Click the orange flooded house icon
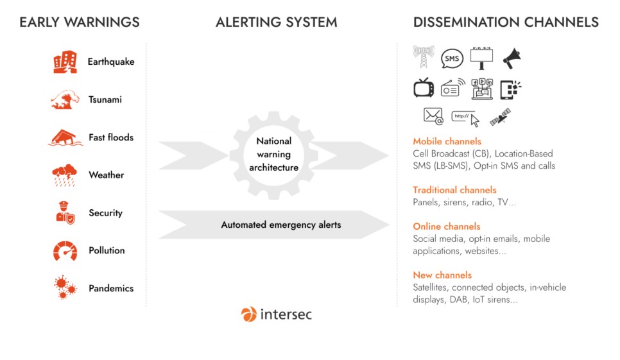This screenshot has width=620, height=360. coord(65,137)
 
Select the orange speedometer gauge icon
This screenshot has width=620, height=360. coord(65,250)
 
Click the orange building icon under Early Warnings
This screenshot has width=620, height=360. coord(65,63)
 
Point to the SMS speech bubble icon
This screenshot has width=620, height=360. coord(452,58)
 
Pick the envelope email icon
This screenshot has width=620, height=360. coord(433,116)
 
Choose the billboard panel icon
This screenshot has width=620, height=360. coord(481,58)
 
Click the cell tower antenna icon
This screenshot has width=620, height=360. coord(423,58)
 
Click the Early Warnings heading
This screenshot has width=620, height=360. coord(80,22)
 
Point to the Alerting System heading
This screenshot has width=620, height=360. coord(276,22)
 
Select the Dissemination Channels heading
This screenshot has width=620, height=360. coord(506,22)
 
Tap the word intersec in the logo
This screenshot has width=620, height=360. coord(286,314)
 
